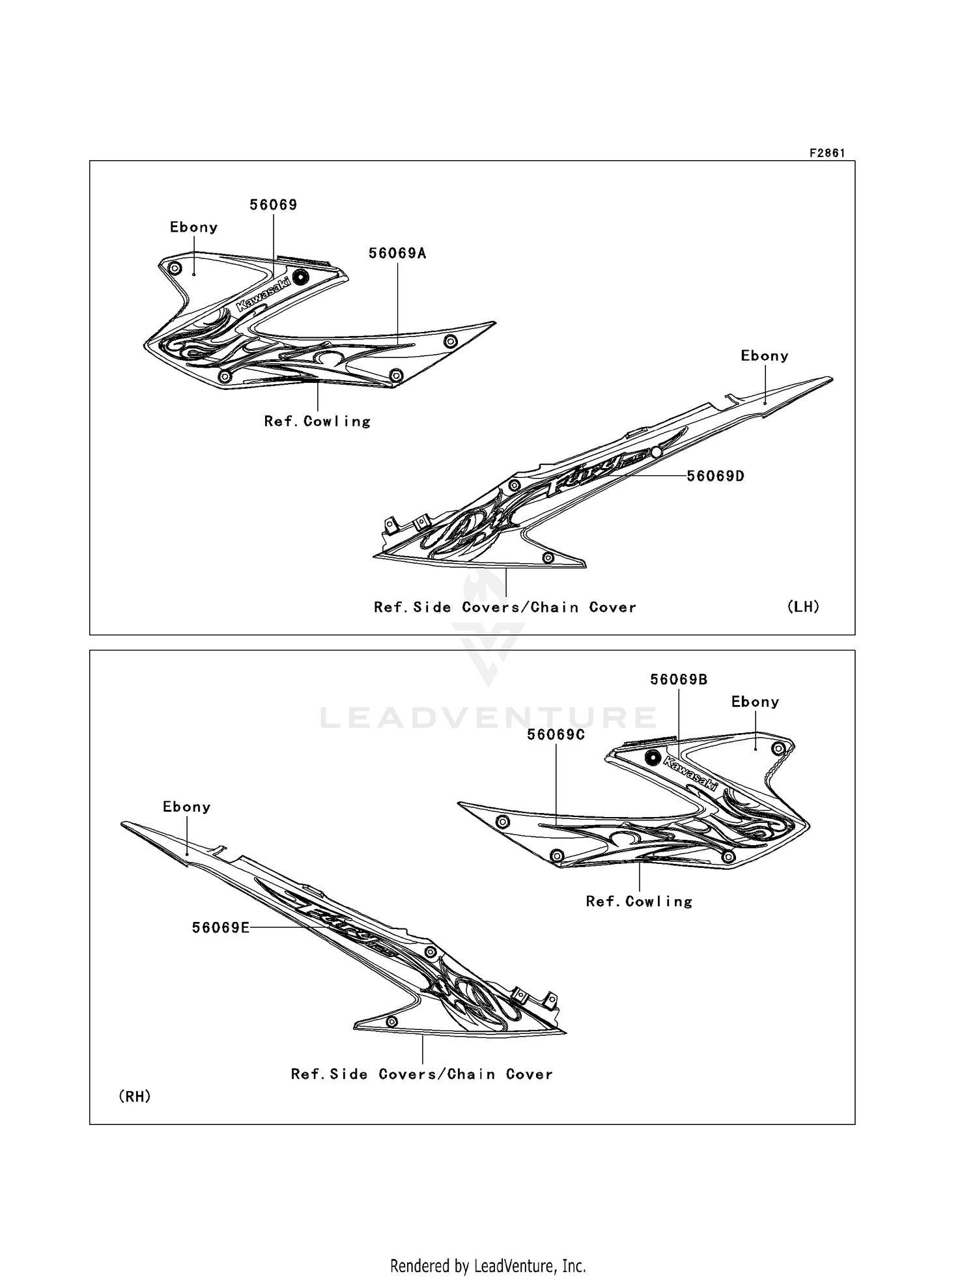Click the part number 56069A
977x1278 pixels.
click(397, 253)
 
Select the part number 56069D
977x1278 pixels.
click(716, 476)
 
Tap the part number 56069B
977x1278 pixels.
click(679, 680)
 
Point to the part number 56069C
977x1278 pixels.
click(556, 734)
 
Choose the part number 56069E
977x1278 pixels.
click(221, 928)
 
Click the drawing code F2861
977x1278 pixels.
click(827, 153)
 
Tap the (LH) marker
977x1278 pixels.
click(803, 607)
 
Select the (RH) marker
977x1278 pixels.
click(135, 1097)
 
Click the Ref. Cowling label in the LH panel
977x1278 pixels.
click(317, 421)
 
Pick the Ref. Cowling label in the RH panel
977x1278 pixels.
click(639, 902)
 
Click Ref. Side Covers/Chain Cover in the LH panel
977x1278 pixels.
click(505, 607)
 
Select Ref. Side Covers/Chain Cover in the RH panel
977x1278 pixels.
click(422, 1074)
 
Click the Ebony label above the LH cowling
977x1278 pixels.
click(193, 227)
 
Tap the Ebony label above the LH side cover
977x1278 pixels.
click(765, 356)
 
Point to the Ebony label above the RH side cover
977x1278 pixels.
click(187, 807)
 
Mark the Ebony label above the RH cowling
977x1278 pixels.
click(756, 702)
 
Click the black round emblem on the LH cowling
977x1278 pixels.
click(300, 277)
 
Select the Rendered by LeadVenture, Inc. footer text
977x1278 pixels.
click(488, 1266)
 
